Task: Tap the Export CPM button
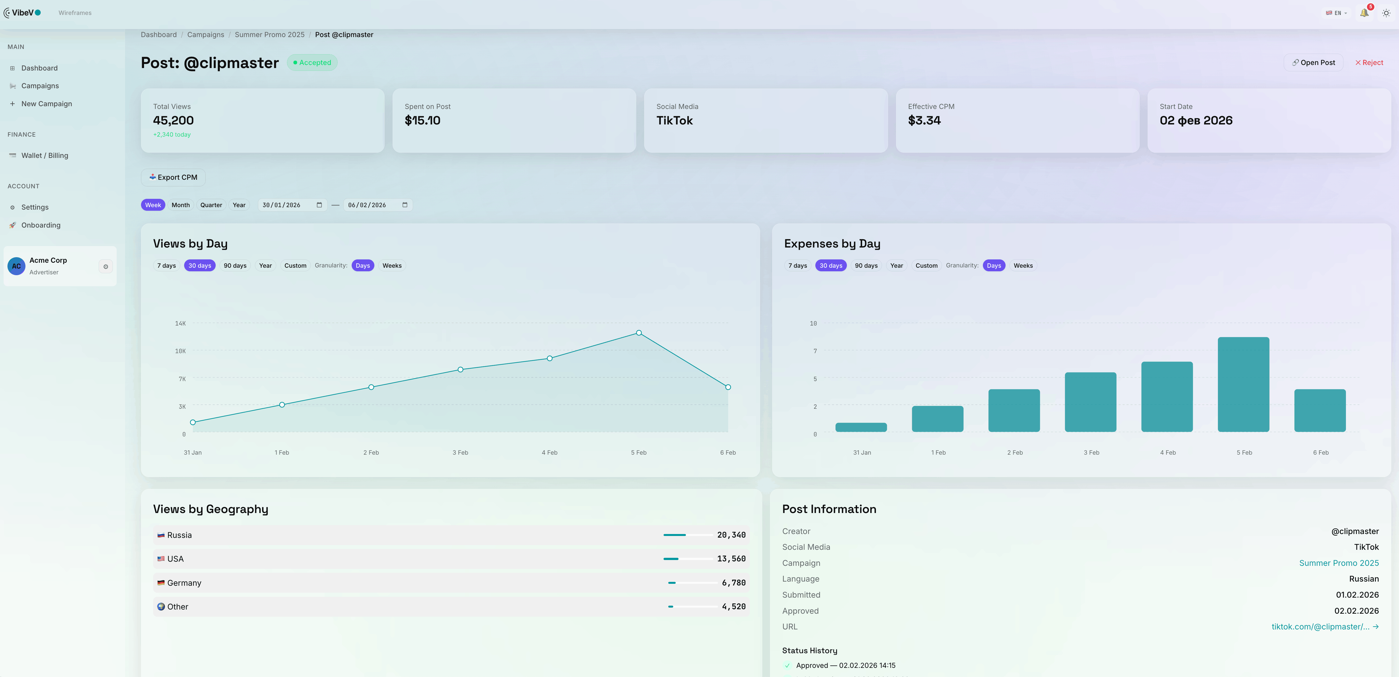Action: (173, 177)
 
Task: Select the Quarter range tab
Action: (211, 205)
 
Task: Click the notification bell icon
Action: (1364, 12)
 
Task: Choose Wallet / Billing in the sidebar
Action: (45, 155)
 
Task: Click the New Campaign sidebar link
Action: (46, 104)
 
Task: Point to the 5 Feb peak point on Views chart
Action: (639, 332)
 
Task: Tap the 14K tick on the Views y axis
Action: (180, 323)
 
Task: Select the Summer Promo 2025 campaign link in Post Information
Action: (1339, 563)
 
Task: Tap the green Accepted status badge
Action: (312, 63)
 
